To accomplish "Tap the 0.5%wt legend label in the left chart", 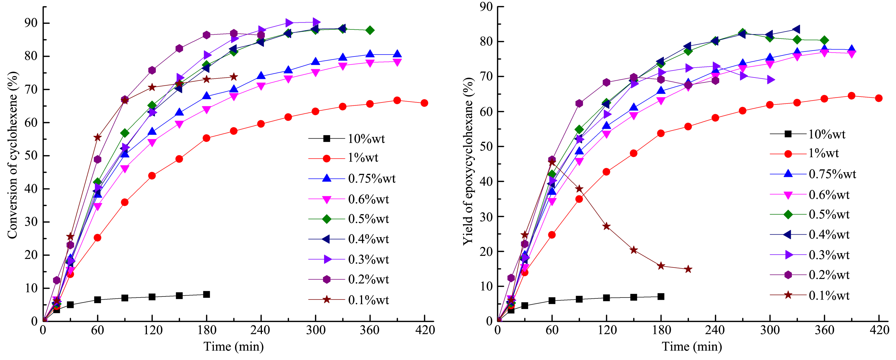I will pyautogui.click(x=368, y=219).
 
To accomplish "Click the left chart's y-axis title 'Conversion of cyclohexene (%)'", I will pyautogui.click(x=13, y=155).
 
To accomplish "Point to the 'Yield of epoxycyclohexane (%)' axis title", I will pyautogui.click(x=468, y=161).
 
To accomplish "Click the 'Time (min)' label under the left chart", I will pyautogui.click(x=233, y=347).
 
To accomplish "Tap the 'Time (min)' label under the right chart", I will pyautogui.click(x=691, y=347).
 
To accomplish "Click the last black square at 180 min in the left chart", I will pyautogui.click(x=206, y=294).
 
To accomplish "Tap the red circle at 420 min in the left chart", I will pyautogui.click(x=424, y=103).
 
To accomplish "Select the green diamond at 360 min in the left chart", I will pyautogui.click(x=370, y=30).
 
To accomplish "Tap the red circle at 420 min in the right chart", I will pyautogui.click(x=879, y=98).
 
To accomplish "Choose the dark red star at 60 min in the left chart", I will pyautogui.click(x=97, y=137).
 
